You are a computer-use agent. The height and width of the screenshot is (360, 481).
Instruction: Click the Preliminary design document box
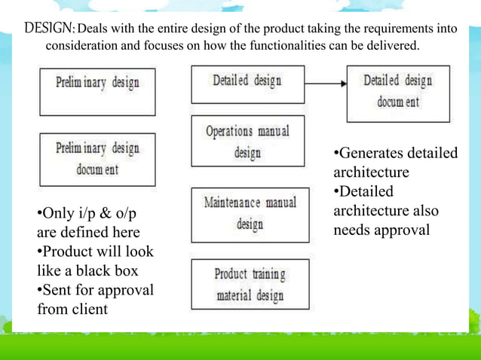click(x=97, y=159)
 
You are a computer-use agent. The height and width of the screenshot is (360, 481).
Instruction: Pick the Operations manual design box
click(x=247, y=141)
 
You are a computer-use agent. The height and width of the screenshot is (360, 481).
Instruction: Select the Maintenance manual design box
click(x=250, y=214)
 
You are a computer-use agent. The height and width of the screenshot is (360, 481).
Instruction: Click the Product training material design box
click(x=250, y=284)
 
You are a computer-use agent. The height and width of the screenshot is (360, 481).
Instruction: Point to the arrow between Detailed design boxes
click(x=326, y=84)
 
